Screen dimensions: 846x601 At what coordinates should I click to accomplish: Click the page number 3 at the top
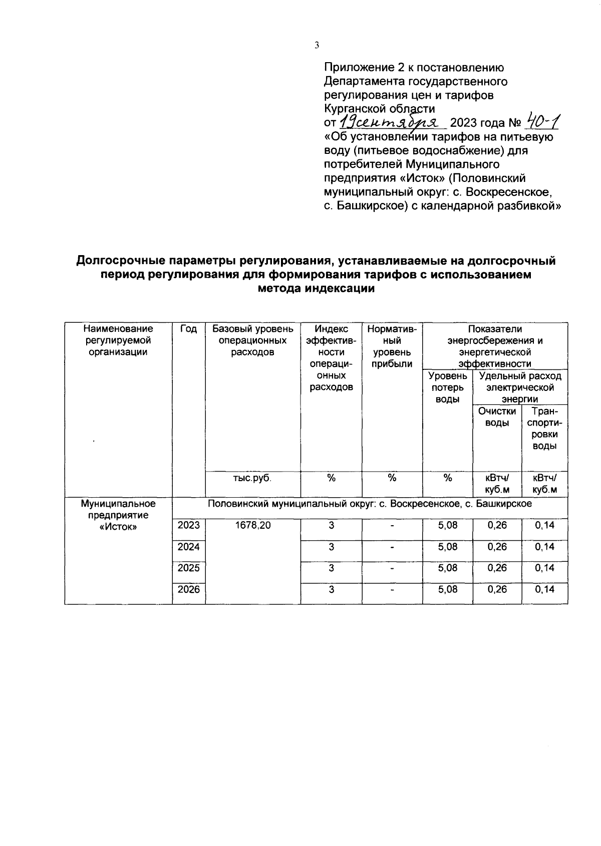(x=317, y=46)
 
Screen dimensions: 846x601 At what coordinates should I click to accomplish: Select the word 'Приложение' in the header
(x=359, y=67)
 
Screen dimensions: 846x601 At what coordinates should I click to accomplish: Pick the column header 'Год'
(x=188, y=329)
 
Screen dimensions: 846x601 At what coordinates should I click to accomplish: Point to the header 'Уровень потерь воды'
(x=447, y=387)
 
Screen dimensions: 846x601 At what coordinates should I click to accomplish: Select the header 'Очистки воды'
(x=497, y=417)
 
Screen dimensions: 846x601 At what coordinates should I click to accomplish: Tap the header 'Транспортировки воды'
(x=544, y=429)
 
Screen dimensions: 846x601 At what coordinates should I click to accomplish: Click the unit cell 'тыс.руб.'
(x=252, y=478)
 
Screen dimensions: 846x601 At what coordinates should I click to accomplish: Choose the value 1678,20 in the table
(x=252, y=525)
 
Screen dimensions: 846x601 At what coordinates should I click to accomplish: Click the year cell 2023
(x=188, y=525)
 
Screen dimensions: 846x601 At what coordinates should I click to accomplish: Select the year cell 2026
(x=188, y=589)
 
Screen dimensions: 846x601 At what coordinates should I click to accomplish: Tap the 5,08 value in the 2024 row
(x=447, y=547)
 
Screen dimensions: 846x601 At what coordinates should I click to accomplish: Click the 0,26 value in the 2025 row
(x=497, y=568)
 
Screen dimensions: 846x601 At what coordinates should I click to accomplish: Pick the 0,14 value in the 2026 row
(x=544, y=589)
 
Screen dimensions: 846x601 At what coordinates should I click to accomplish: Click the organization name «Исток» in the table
(x=118, y=527)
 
